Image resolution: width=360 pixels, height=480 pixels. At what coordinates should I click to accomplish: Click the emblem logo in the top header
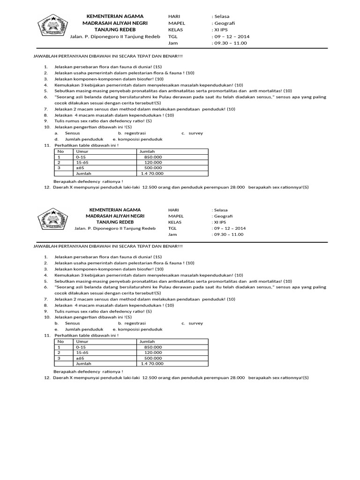click(52, 26)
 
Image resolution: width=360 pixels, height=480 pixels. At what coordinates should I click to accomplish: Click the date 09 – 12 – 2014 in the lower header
click(230, 228)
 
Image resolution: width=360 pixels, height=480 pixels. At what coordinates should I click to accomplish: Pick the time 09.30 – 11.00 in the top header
click(230, 43)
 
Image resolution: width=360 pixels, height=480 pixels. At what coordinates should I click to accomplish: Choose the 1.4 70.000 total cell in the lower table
click(152, 363)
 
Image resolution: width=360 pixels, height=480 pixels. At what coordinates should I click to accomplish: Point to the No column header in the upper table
click(60, 151)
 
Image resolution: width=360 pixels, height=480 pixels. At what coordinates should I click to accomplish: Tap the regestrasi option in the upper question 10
click(135, 133)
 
